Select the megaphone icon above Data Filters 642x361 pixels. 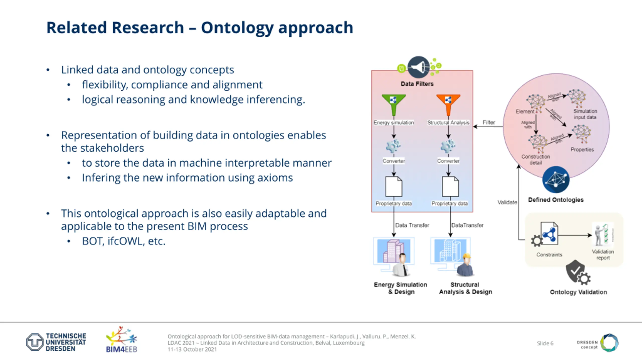coord(418,67)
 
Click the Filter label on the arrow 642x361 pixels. coord(489,122)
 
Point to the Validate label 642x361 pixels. coord(507,202)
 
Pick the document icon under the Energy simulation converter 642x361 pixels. coord(394,187)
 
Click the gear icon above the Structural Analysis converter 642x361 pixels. coord(448,146)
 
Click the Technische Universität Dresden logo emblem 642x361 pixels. coord(35,342)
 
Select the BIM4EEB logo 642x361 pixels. coord(122,339)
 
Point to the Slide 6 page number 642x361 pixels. coord(545,343)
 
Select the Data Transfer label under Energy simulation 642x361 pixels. coord(412,225)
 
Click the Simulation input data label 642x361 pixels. coord(585,114)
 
